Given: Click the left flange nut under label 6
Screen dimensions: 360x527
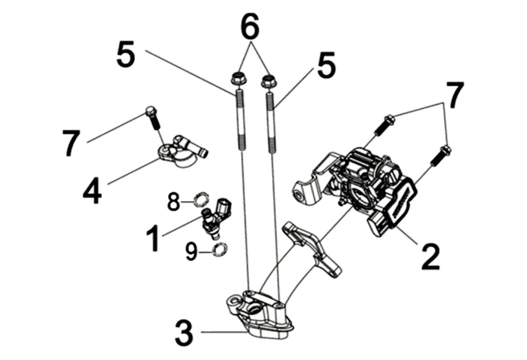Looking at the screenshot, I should pyautogui.click(x=237, y=79).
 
